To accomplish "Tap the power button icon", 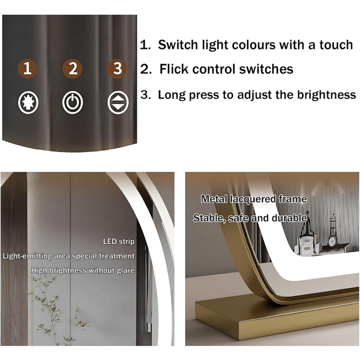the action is point(72,103).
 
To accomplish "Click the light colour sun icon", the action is point(28,103).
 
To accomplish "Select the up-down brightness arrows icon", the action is point(118,103).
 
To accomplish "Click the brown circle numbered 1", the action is point(27,68).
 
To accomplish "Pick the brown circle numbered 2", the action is point(73,68).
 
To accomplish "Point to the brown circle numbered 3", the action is point(117,68).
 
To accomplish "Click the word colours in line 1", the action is point(253,45).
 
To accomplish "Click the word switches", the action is point(266,69).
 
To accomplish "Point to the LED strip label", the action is point(118,242).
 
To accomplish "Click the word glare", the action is point(126,271).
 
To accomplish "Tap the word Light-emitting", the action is point(27,256).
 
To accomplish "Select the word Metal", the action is point(214,199).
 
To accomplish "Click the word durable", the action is point(289,218).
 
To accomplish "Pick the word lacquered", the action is point(253,199).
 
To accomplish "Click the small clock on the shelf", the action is point(332,242).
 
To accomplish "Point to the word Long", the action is point(172,95).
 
